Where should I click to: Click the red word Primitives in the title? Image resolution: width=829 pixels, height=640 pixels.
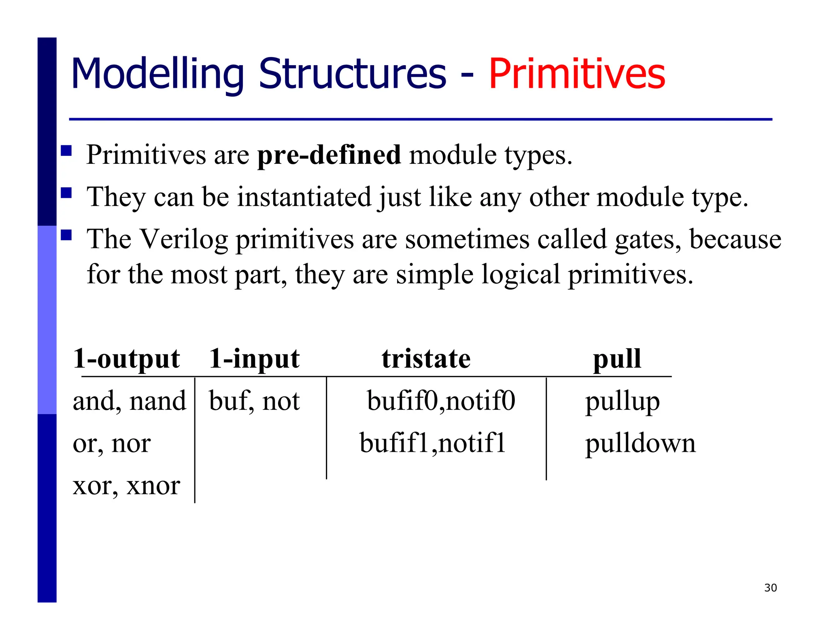(x=577, y=74)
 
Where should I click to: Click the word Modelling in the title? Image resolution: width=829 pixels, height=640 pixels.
(x=157, y=74)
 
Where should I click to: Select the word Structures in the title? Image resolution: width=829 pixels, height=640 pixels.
(x=352, y=74)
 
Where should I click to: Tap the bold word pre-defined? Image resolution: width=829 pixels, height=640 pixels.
(x=329, y=155)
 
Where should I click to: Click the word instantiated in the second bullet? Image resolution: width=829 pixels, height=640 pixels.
(x=304, y=197)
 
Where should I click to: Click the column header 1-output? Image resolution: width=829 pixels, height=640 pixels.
(x=126, y=358)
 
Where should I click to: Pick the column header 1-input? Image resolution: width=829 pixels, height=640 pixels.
(x=254, y=358)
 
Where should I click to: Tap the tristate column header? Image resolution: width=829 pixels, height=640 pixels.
(x=426, y=358)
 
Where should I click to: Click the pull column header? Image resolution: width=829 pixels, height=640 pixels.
(x=617, y=358)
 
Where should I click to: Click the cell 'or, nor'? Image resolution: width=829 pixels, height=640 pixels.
(x=112, y=443)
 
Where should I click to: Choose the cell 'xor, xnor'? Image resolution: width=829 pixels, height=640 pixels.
(x=126, y=485)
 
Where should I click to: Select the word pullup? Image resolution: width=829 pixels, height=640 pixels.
(x=622, y=402)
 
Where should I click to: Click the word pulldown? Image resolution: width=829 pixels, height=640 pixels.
(x=640, y=443)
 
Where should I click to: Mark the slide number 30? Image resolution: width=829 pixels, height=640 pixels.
(x=770, y=588)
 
